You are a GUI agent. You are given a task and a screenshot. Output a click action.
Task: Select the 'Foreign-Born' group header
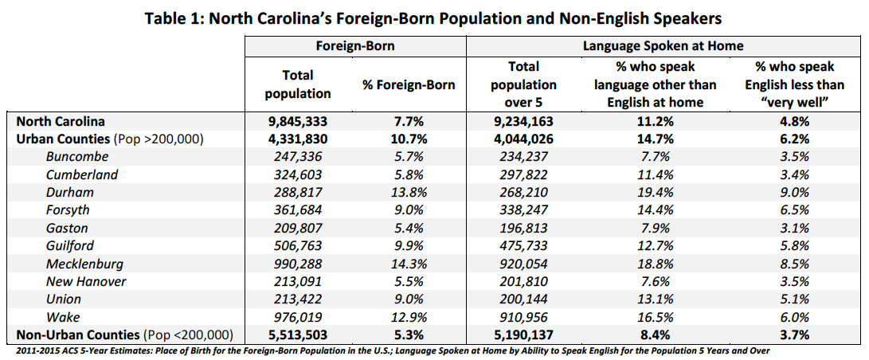pos(354,46)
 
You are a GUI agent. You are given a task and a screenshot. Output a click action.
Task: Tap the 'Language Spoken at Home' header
pos(663,46)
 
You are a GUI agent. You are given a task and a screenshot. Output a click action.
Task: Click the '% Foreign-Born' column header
pos(409,84)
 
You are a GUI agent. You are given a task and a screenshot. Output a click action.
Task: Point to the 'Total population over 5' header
pos(523,84)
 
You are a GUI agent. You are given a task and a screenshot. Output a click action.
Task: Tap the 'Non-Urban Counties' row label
pos(123,335)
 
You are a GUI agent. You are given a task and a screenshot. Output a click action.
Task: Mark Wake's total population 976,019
pos(297,317)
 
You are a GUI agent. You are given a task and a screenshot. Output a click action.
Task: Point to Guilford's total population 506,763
pos(297,245)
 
